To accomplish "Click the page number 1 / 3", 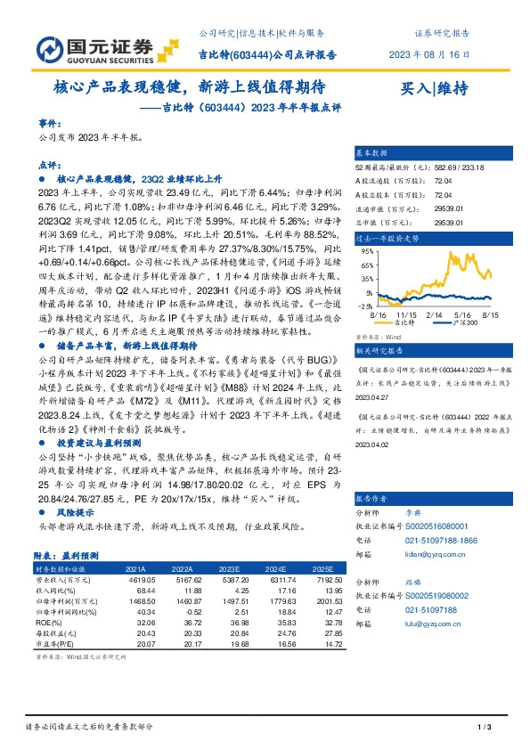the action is (485, 729).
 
